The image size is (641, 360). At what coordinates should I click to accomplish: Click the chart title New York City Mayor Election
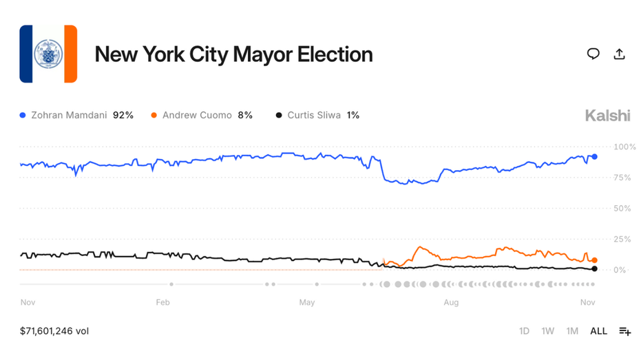(x=233, y=54)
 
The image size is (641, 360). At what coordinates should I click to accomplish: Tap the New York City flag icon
(x=48, y=54)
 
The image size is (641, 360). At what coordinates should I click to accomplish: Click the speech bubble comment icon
(x=593, y=54)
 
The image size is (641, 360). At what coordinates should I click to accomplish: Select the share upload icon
(x=619, y=54)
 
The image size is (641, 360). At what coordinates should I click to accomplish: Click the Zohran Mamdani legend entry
(x=76, y=115)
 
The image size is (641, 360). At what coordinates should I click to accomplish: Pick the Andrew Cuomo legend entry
(x=201, y=115)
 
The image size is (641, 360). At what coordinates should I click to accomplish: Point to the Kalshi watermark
(x=607, y=116)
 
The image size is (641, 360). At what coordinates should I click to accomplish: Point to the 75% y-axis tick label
(x=624, y=178)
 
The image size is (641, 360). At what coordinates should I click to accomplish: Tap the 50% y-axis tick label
(x=624, y=208)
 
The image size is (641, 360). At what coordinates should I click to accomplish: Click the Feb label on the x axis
(x=162, y=302)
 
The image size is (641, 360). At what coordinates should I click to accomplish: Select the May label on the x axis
(x=307, y=302)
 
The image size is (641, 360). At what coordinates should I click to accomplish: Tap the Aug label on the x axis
(x=451, y=302)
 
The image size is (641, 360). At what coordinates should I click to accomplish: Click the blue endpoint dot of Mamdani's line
(x=595, y=157)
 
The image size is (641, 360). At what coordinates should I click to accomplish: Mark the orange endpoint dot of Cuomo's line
(x=595, y=260)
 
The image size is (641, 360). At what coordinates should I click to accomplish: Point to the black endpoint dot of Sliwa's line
(x=595, y=268)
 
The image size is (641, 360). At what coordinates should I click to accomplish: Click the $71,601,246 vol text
(x=54, y=331)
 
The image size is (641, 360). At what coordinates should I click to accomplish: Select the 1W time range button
(x=547, y=331)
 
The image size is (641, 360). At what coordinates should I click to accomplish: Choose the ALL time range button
(x=598, y=331)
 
